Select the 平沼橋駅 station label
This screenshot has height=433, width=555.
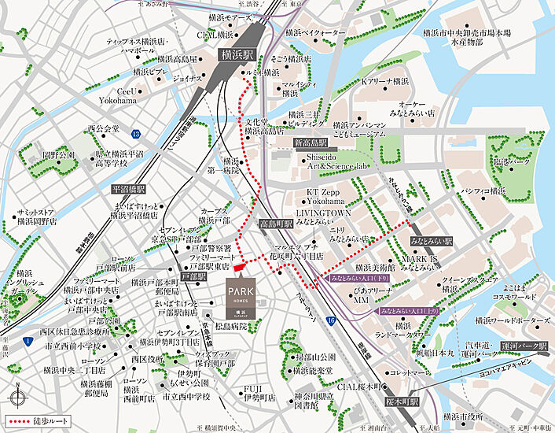tap(128, 190)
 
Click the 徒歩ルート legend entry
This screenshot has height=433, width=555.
tap(33, 420)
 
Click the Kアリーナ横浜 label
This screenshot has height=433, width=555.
tap(384, 81)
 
